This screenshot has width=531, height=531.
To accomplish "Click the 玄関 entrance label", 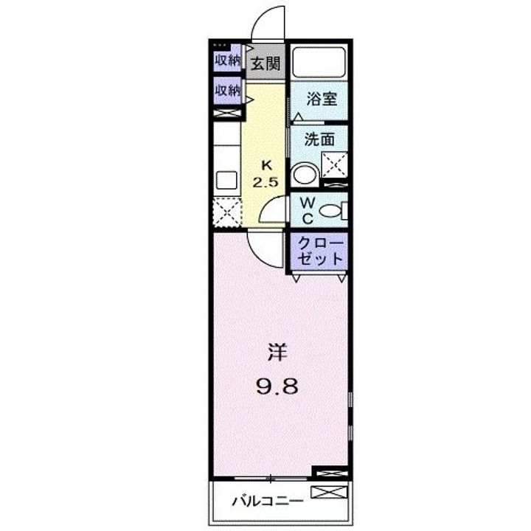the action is (x=265, y=63).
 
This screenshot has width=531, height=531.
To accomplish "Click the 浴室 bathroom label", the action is (x=322, y=100).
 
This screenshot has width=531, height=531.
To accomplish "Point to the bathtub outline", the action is (x=319, y=63).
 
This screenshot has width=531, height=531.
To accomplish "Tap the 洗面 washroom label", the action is (x=319, y=139).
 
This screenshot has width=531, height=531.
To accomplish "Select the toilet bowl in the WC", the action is (x=331, y=211).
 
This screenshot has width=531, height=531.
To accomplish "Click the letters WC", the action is (x=308, y=211).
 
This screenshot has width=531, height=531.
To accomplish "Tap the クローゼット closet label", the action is (x=319, y=251).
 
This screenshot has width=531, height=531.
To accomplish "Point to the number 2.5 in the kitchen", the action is (x=265, y=183).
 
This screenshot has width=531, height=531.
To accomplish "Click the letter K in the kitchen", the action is (x=267, y=166).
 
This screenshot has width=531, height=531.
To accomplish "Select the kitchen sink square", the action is (x=226, y=180).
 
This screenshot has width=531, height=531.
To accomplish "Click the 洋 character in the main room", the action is (x=277, y=353).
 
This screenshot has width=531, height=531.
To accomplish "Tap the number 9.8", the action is (x=277, y=386).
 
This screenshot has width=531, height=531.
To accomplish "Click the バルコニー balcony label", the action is (x=268, y=502).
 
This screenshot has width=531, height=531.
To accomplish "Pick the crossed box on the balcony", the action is (x=329, y=492).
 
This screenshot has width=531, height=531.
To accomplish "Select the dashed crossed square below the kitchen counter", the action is (x=227, y=212).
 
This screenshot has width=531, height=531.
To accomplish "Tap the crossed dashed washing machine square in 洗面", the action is (x=335, y=164).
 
